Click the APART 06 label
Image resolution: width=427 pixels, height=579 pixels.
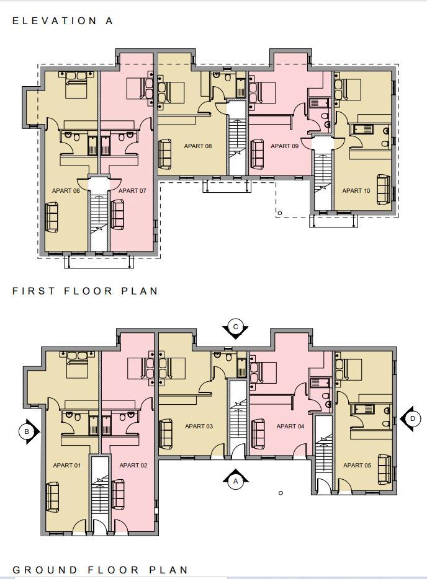click(66, 191)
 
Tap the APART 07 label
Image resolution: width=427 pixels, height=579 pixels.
click(132, 191)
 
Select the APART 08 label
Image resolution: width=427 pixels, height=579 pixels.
click(198, 146)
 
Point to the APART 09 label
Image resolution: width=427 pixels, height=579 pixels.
click(284, 146)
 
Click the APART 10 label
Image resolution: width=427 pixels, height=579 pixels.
click(356, 191)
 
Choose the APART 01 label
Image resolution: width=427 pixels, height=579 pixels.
click(67, 466)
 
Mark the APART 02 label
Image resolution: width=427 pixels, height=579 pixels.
click(133, 466)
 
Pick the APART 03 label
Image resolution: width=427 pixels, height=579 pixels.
click(199, 427)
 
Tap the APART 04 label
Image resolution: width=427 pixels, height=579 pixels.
click(290, 427)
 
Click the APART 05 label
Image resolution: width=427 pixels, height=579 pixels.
click(357, 466)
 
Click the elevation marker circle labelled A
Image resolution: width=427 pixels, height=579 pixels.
click(235, 480)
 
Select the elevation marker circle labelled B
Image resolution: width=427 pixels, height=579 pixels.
click(27, 431)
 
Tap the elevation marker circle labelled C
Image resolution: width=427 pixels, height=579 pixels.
click(235, 327)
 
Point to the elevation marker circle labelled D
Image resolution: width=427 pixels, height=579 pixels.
click(412, 419)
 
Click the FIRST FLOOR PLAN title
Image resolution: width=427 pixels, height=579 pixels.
click(86, 291)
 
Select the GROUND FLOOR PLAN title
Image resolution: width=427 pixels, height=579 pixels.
click(101, 570)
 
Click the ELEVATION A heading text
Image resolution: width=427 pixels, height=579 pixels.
click(63, 20)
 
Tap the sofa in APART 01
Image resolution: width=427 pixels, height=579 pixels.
click(52, 497)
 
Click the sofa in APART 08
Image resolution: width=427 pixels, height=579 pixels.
click(165, 154)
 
